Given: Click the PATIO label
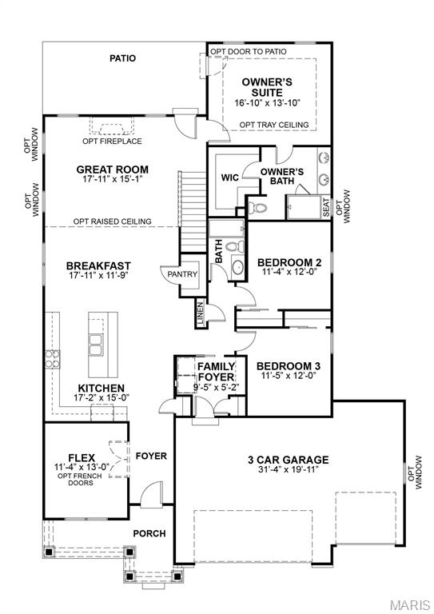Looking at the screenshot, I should [x=122, y=58].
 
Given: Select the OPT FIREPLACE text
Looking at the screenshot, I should [x=112, y=142].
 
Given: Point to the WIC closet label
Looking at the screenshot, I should [x=230, y=177].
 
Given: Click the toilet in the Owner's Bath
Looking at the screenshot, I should [x=257, y=208].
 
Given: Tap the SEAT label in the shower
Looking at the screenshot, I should [x=326, y=206].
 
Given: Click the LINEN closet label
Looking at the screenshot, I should [x=199, y=314].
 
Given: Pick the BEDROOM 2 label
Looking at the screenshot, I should [x=289, y=262].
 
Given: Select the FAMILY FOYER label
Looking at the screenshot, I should [x=216, y=372].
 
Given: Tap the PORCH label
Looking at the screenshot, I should [x=149, y=533].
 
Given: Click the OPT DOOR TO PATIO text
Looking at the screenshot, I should [x=249, y=51].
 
